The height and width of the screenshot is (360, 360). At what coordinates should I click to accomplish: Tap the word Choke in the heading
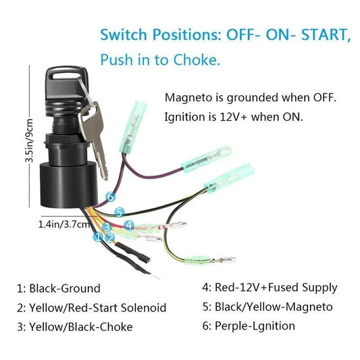point(197,60)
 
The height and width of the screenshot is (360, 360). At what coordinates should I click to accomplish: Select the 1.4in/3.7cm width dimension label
point(61,223)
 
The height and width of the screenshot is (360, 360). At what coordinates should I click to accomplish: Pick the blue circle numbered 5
point(120,211)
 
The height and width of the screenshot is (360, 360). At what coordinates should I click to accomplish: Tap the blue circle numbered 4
point(129,224)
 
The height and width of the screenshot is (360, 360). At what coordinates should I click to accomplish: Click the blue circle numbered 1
point(97,237)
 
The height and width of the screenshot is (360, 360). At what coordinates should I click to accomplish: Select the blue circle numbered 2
point(109,237)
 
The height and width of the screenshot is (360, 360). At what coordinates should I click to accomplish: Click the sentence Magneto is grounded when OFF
point(250,98)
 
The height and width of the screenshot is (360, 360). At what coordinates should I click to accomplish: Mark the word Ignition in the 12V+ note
point(184,117)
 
